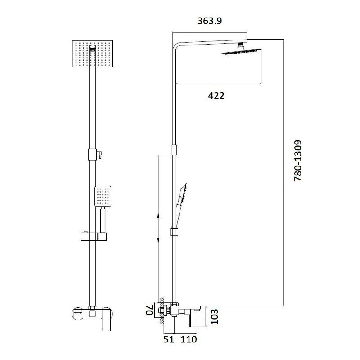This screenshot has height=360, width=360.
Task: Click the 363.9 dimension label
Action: [210, 21]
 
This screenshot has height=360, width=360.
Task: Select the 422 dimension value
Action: [216, 96]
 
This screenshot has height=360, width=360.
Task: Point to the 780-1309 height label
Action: [298, 161]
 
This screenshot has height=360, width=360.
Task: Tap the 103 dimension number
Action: [215, 317]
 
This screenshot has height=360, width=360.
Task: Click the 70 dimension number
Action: [149, 310]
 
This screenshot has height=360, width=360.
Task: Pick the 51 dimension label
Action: [169, 339]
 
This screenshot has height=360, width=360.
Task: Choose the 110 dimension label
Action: [189, 339]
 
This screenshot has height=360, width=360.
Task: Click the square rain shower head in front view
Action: [93, 54]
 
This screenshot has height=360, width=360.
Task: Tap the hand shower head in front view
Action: [103, 196]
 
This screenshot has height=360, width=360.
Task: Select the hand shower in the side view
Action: [181, 202]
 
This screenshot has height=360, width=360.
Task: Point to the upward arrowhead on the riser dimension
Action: [158, 216]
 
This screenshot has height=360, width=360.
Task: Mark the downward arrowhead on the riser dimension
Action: [158, 240]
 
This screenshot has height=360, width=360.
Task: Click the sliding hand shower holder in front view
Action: [94, 237]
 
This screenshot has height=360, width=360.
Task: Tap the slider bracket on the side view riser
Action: [174, 232]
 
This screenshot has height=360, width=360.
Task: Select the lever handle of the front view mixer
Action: [106, 320]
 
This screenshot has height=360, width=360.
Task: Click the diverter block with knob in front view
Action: [94, 154]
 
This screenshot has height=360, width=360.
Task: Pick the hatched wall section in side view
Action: [162, 311]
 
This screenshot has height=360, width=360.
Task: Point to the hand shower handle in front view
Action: [103, 219]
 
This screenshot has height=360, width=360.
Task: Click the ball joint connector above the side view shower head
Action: [240, 46]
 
